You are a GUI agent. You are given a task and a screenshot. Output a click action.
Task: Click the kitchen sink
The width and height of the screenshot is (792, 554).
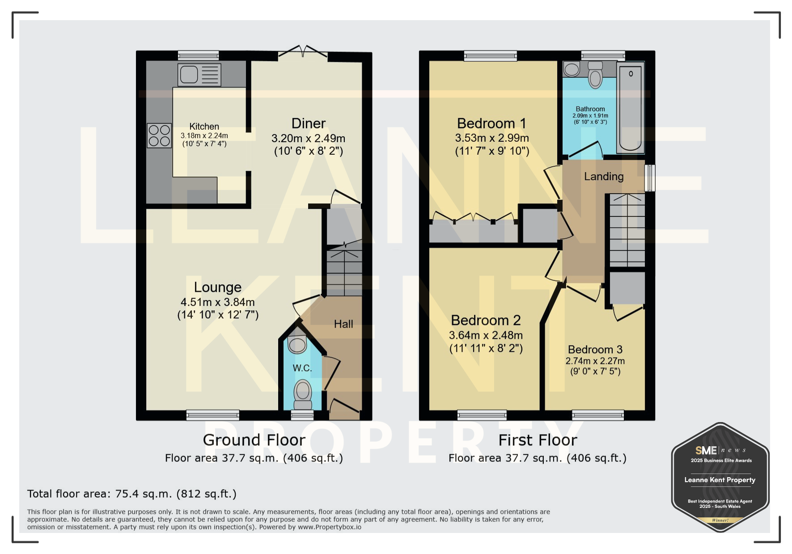(199, 75)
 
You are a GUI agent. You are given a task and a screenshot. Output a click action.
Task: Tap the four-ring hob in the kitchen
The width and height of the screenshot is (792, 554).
(159, 135)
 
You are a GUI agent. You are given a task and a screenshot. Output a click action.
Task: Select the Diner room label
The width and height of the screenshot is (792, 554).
(309, 123)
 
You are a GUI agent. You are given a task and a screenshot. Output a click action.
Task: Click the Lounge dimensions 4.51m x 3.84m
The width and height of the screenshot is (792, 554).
(218, 302)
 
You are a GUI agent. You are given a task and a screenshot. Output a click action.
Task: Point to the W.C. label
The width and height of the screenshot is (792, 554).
(302, 368)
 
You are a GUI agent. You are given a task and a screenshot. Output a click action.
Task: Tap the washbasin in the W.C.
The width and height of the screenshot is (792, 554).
(297, 344)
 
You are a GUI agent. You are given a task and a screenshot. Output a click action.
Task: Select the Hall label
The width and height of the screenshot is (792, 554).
(343, 324)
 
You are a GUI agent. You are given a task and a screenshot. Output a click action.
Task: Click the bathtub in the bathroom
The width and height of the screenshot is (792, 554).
(631, 108)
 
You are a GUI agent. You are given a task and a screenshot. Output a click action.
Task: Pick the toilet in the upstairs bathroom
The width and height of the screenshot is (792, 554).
(595, 75)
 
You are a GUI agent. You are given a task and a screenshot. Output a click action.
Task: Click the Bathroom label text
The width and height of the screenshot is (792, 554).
(590, 109)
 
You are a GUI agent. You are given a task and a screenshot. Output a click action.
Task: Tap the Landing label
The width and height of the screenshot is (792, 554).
(604, 177)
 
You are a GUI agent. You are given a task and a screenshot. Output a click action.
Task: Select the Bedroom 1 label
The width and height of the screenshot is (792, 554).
(491, 123)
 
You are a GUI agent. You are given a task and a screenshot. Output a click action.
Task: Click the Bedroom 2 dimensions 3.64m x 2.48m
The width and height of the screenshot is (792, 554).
(486, 335)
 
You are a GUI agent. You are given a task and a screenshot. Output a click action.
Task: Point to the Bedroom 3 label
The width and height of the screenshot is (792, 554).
(595, 350)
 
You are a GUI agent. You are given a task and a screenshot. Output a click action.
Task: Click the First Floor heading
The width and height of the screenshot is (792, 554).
(538, 440)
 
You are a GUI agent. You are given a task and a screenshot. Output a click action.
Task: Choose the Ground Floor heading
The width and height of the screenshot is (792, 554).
(254, 440)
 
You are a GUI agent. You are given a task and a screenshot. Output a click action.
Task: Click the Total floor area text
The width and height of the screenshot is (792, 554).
(132, 494)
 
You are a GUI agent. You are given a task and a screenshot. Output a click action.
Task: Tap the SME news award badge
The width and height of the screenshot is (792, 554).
(720, 478)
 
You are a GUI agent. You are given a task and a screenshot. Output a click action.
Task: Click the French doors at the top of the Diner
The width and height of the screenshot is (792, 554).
(303, 53)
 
